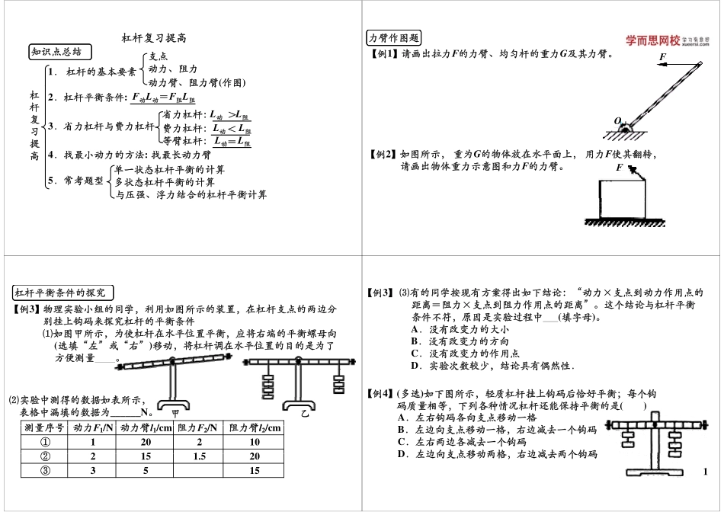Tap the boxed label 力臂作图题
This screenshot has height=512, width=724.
point(394,39)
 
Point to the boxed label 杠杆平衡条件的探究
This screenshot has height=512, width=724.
point(64,293)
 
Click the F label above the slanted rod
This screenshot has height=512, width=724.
point(662,57)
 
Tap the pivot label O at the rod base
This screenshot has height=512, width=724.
point(618,120)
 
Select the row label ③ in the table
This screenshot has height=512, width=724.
point(44,470)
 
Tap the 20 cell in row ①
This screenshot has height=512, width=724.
point(146,442)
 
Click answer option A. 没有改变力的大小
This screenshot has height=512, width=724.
point(459,329)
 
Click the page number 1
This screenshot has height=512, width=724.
point(706,472)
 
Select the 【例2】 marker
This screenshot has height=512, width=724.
point(383,154)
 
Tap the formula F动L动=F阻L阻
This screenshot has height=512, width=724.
point(163,98)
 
